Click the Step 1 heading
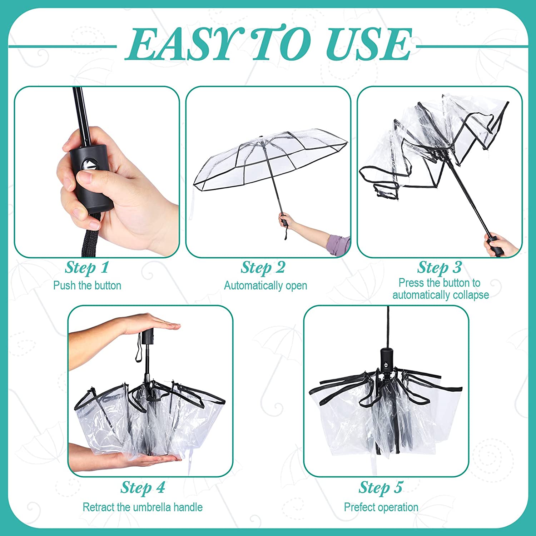tap(87, 268)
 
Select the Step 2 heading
tap(263, 268)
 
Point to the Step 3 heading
tap(440, 268)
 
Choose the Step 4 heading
tap(143, 487)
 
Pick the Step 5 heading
tap(381, 487)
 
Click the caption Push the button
tap(87, 286)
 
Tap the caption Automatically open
tap(265, 286)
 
